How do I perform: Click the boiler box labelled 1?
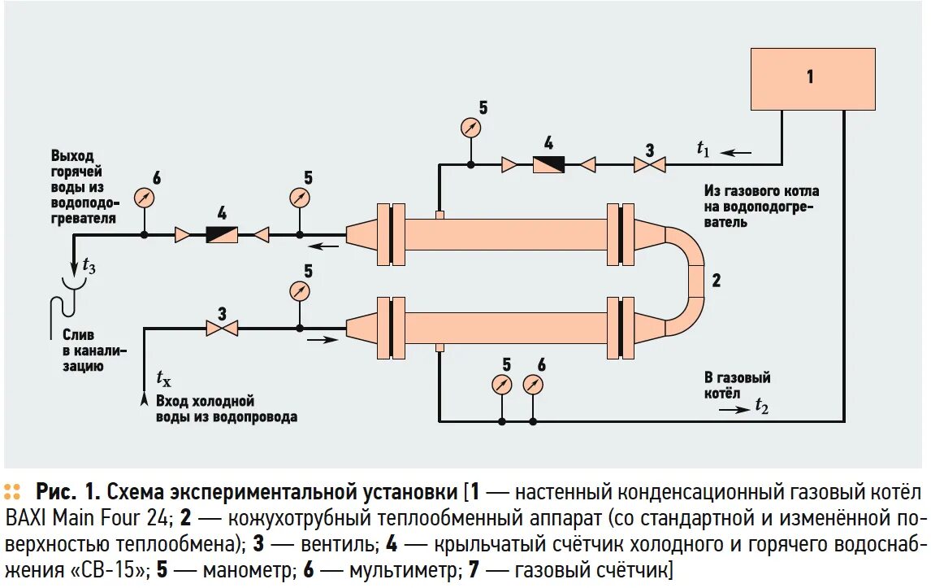click(x=812, y=78)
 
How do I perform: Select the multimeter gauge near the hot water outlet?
click(x=144, y=197)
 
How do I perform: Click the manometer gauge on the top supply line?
click(x=470, y=127)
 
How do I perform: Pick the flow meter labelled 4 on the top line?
click(x=548, y=164)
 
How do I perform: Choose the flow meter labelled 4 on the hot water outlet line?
click(x=222, y=235)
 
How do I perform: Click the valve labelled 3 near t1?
click(x=649, y=165)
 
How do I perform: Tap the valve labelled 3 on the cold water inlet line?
click(x=221, y=329)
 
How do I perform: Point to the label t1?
click(x=703, y=148)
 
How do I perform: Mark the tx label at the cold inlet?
click(x=163, y=379)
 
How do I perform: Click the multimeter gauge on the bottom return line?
click(x=533, y=384)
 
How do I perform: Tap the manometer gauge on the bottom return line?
click(x=502, y=384)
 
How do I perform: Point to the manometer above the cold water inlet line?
click(x=301, y=290)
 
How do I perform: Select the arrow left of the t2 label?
click(x=735, y=409)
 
